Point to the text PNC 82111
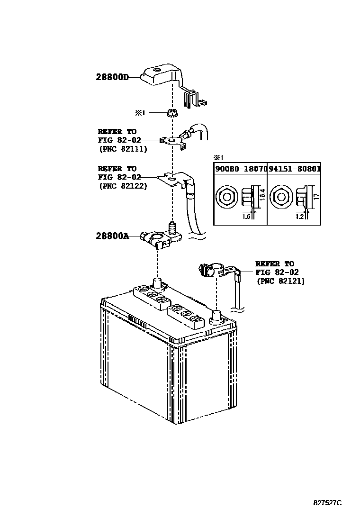click(x=123, y=148)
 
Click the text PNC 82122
click(x=123, y=186)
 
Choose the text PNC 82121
click(x=280, y=281)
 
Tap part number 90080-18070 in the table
click(x=240, y=168)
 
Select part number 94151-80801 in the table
click(x=294, y=168)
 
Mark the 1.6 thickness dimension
click(x=246, y=216)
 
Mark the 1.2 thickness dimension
click(x=299, y=216)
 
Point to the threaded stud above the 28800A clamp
click(x=171, y=229)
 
